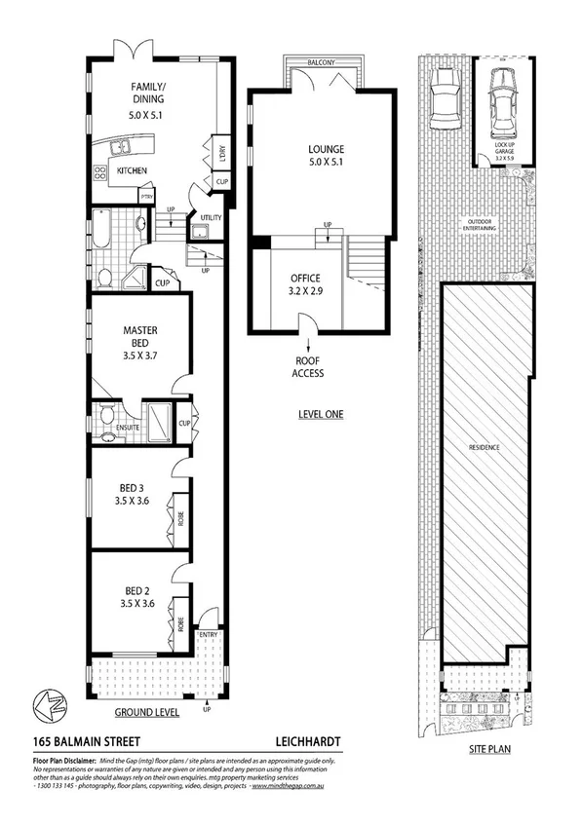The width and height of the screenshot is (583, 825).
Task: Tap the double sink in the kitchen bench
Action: [x=123, y=147]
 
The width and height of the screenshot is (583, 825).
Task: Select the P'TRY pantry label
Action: [x=146, y=197]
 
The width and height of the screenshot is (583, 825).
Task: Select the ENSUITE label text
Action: [x=129, y=428]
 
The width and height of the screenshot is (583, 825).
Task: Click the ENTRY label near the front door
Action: [x=209, y=635]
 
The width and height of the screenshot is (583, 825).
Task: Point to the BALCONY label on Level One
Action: [x=323, y=62]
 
